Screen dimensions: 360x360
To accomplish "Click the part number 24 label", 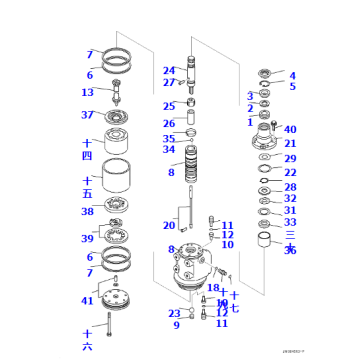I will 169,71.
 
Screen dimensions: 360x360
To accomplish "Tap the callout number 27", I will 169,83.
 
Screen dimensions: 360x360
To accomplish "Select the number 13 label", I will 88,92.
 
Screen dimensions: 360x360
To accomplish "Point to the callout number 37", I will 88,115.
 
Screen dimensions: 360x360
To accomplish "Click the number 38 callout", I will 88,212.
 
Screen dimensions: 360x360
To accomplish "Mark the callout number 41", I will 88,300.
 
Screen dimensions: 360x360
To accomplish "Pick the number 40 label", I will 290,130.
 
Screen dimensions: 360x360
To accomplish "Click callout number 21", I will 290,144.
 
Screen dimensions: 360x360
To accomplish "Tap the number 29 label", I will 290,159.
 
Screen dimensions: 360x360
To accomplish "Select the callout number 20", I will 170,226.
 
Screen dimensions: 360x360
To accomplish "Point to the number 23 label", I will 174,313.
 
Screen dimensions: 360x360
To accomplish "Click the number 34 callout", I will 169,150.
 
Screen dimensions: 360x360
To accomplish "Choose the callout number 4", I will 292,75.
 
